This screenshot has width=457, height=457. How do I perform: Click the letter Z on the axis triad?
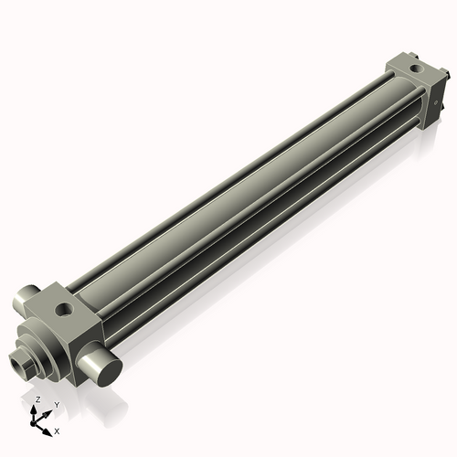point(37,399)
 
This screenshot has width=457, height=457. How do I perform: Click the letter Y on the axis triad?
point(56,403)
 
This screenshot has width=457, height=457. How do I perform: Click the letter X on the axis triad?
point(57,430)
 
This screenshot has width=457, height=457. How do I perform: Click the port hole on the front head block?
point(65,311)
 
